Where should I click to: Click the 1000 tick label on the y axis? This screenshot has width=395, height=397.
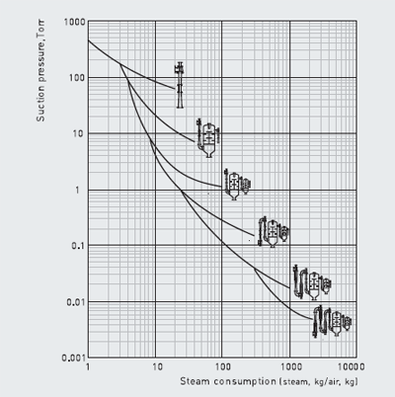click(x=75, y=22)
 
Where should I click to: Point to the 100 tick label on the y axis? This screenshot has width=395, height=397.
click(x=77, y=78)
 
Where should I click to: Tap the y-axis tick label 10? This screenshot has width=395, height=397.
click(x=80, y=133)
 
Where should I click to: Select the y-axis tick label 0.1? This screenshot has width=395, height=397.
click(x=78, y=246)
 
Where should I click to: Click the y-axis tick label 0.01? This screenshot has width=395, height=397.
click(x=76, y=302)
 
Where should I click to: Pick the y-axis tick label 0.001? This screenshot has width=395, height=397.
click(x=74, y=357)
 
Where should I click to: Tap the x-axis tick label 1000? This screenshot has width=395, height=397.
click(x=291, y=366)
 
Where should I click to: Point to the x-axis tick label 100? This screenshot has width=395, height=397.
click(x=223, y=366)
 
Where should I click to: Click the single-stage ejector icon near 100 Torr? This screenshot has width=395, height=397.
click(x=179, y=85)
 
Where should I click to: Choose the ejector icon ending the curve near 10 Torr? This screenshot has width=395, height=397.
click(x=208, y=138)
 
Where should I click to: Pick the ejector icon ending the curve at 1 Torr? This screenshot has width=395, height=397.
click(x=237, y=184)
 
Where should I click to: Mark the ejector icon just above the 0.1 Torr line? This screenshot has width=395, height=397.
click(x=274, y=232)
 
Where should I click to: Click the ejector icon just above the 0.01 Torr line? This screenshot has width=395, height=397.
click(x=312, y=282)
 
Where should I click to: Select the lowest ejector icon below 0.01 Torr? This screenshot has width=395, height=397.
click(x=332, y=321)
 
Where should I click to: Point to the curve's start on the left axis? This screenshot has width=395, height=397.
click(x=88, y=40)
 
